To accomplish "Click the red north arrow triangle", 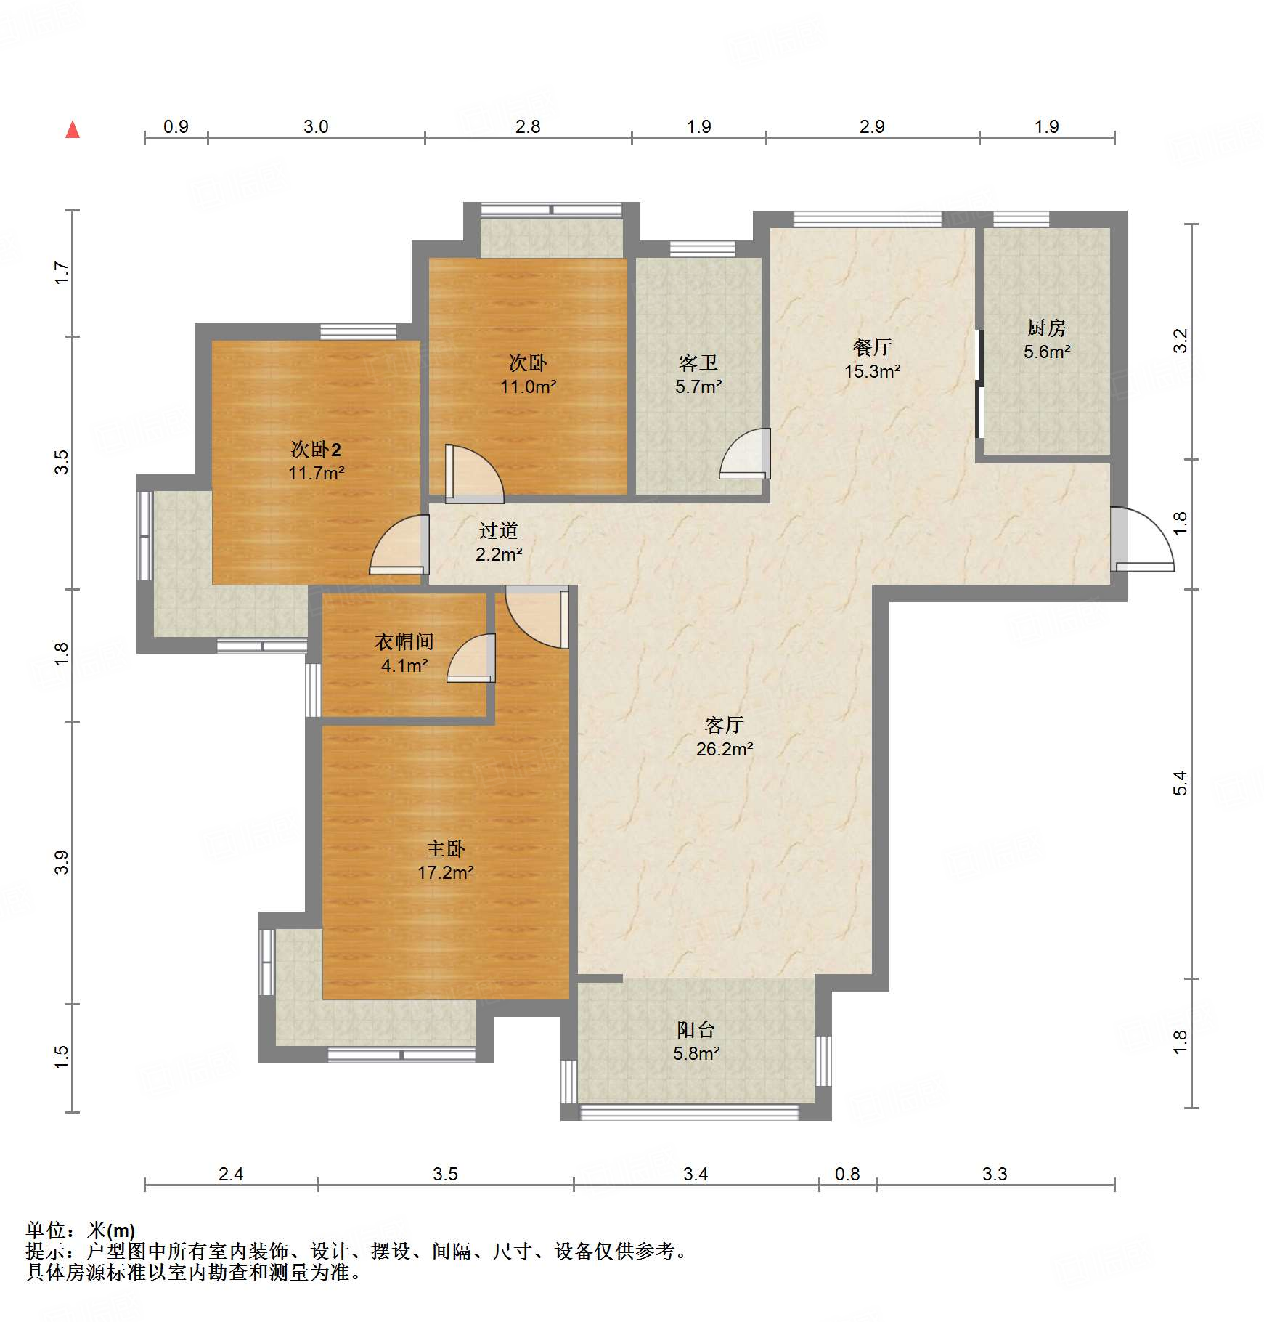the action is click(x=73, y=130).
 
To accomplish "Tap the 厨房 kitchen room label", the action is click(x=1046, y=328).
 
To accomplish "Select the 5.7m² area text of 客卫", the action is click(x=698, y=386).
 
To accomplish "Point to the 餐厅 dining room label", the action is click(x=872, y=347).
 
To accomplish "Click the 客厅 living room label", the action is click(x=724, y=725).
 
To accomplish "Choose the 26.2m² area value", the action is click(x=725, y=749).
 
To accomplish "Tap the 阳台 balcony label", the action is click(x=696, y=1029).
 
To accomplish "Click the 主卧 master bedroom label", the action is click(x=445, y=848).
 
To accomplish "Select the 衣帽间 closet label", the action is click(x=404, y=641).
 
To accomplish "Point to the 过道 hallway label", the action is click(x=498, y=530).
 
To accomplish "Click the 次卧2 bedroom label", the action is click(x=316, y=449).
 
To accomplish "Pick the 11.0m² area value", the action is click(x=528, y=386).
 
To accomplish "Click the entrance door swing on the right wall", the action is click(x=1142, y=538).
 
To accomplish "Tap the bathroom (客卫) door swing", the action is click(x=745, y=453).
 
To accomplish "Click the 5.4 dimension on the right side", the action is click(x=1181, y=783).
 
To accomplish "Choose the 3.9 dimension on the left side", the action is click(x=62, y=862).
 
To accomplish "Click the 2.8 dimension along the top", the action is click(x=528, y=126).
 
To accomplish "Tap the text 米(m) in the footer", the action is click(x=111, y=1230).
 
